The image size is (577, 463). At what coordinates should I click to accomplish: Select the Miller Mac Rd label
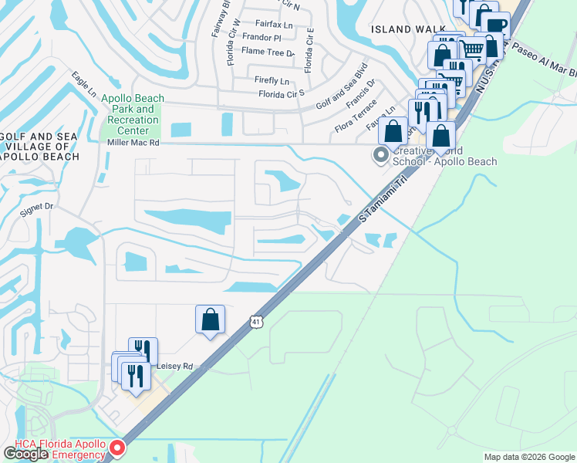[133, 142]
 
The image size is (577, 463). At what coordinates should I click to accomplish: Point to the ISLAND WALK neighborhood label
[398, 29]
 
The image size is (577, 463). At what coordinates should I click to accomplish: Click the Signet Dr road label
[37, 207]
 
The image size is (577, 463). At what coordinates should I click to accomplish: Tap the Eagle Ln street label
[83, 85]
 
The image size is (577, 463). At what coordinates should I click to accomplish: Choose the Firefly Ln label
[272, 80]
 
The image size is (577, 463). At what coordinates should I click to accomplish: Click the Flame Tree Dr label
[268, 51]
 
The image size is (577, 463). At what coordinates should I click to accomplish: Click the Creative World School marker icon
[380, 156]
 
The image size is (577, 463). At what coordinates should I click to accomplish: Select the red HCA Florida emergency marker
[117, 448]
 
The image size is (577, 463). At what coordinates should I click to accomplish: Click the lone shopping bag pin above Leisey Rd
[211, 319]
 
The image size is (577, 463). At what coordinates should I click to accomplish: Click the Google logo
[26, 454]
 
